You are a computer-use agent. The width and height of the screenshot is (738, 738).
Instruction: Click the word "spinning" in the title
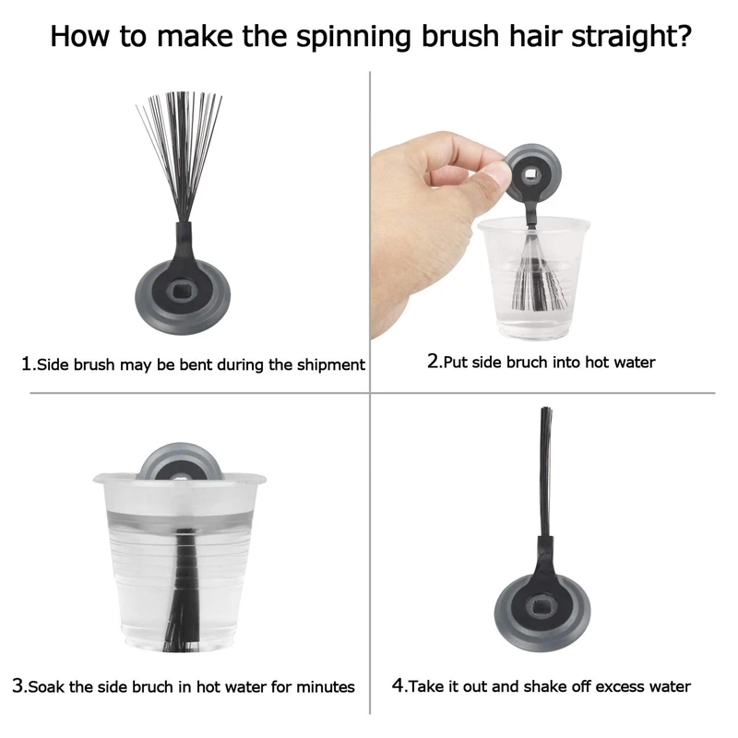tap(355, 37)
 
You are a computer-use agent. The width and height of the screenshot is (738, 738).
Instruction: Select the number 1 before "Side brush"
tap(26, 363)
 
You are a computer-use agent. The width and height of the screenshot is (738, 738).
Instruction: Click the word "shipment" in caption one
tap(331, 365)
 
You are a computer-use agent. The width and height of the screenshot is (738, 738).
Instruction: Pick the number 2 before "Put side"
tap(433, 361)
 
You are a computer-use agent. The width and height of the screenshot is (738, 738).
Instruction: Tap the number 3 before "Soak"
tap(18, 685)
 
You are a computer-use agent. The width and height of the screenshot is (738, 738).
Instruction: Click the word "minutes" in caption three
tap(326, 686)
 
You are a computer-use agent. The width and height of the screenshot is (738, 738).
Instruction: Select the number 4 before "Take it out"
tap(398, 684)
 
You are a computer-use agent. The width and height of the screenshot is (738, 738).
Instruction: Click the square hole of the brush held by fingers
tap(530, 175)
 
